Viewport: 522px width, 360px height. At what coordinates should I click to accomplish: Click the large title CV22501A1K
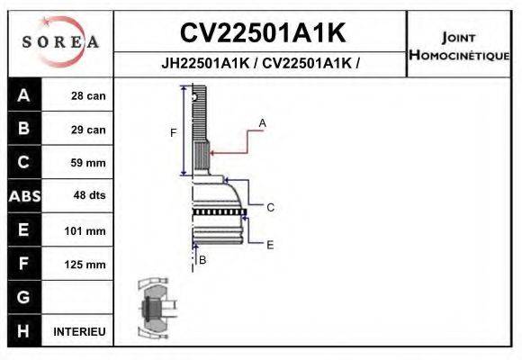pyautogui.click(x=262, y=33)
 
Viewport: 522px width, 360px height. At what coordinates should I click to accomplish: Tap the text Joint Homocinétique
pyautogui.click(x=460, y=46)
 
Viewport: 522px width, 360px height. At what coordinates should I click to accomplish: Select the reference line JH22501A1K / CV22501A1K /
pyautogui.click(x=261, y=64)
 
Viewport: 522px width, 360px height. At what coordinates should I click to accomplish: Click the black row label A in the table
pyautogui.click(x=23, y=95)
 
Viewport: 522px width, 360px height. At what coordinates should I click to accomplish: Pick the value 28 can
pyautogui.click(x=88, y=96)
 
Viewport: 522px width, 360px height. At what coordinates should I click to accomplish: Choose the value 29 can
pyautogui.click(x=88, y=130)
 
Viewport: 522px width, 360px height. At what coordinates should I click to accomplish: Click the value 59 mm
pyautogui.click(x=88, y=163)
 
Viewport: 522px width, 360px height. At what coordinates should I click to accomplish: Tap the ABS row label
pyautogui.click(x=23, y=196)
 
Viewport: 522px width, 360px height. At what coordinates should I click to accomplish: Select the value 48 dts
pyautogui.click(x=88, y=196)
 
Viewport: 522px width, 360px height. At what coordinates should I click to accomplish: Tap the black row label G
pyautogui.click(x=23, y=297)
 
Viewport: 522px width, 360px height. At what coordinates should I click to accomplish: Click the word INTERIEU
pyautogui.click(x=79, y=331)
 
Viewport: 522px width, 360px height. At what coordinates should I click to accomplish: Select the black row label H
pyautogui.click(x=23, y=331)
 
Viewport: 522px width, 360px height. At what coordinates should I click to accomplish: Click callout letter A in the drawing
pyautogui.click(x=263, y=121)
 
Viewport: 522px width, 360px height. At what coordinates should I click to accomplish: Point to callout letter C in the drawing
pyautogui.click(x=270, y=207)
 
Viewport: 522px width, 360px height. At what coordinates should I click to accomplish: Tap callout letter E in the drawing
pyautogui.click(x=270, y=244)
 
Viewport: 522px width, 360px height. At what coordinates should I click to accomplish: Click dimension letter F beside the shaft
pyautogui.click(x=174, y=133)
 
